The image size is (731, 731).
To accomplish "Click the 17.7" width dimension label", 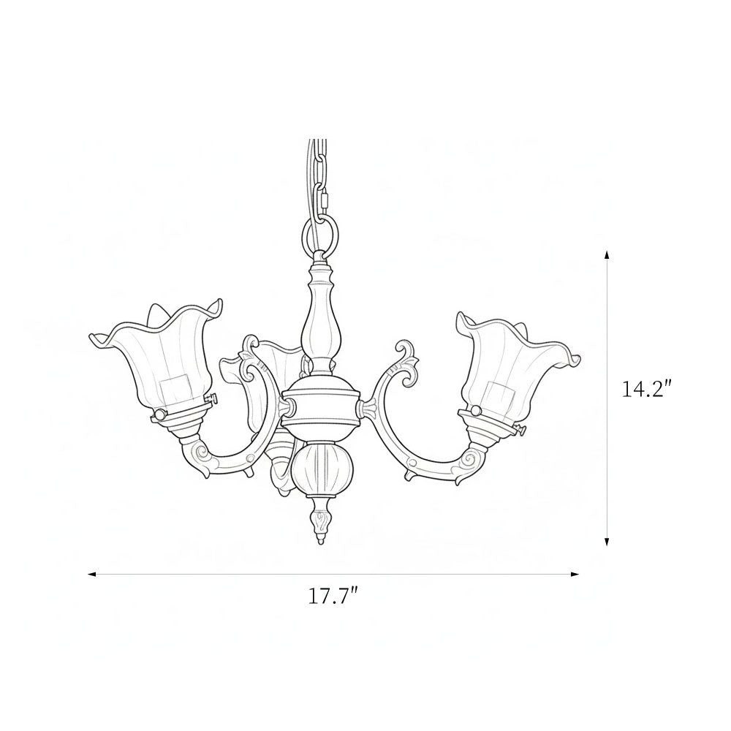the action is click(x=333, y=596).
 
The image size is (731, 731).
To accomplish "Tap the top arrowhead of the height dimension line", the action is click(x=607, y=254).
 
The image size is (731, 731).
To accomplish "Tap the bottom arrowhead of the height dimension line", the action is click(x=607, y=541).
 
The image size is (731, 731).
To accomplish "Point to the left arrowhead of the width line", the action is click(x=92, y=575).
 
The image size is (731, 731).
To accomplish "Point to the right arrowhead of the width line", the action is click(x=575, y=575).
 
